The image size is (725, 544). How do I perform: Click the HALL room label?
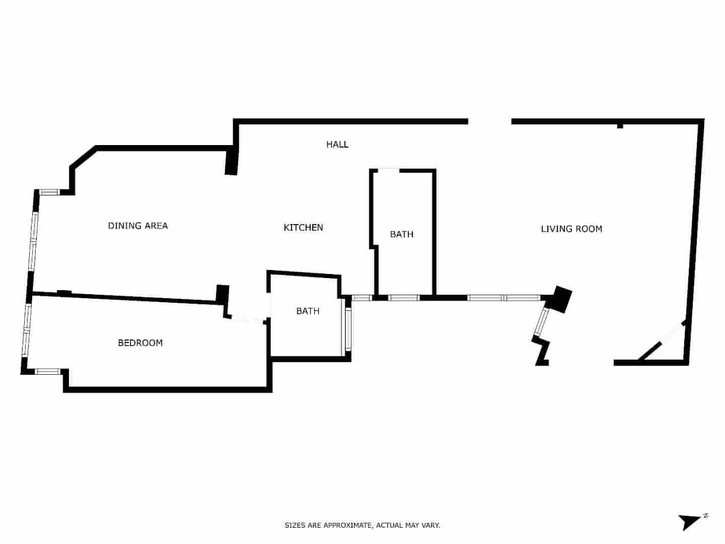tap(337, 145)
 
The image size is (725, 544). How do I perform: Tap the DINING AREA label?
tap(138, 226)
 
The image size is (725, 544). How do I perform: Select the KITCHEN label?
tap(303, 228)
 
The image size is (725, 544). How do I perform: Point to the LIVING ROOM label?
tap(571, 229)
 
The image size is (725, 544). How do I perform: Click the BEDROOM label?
tap(140, 343)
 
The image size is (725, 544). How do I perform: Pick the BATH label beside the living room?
tap(401, 234)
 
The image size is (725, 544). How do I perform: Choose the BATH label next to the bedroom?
tap(308, 311)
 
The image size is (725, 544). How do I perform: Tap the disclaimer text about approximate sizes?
tap(362, 525)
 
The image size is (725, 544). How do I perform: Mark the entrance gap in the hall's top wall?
tap(490, 121)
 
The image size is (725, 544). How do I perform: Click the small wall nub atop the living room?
tap(620, 125)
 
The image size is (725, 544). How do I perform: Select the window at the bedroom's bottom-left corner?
tap(48, 372)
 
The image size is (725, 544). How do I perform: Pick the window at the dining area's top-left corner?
tap(50, 192)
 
